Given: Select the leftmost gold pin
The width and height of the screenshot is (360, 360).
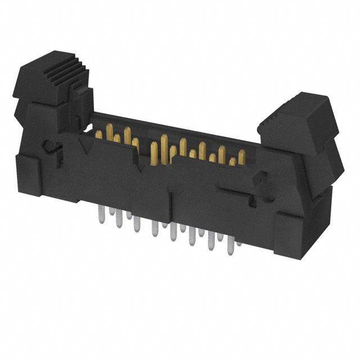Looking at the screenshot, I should point(99,134).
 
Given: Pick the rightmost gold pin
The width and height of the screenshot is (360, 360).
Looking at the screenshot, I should point(241,157).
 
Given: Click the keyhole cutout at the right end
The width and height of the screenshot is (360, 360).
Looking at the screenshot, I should point(260,181).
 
